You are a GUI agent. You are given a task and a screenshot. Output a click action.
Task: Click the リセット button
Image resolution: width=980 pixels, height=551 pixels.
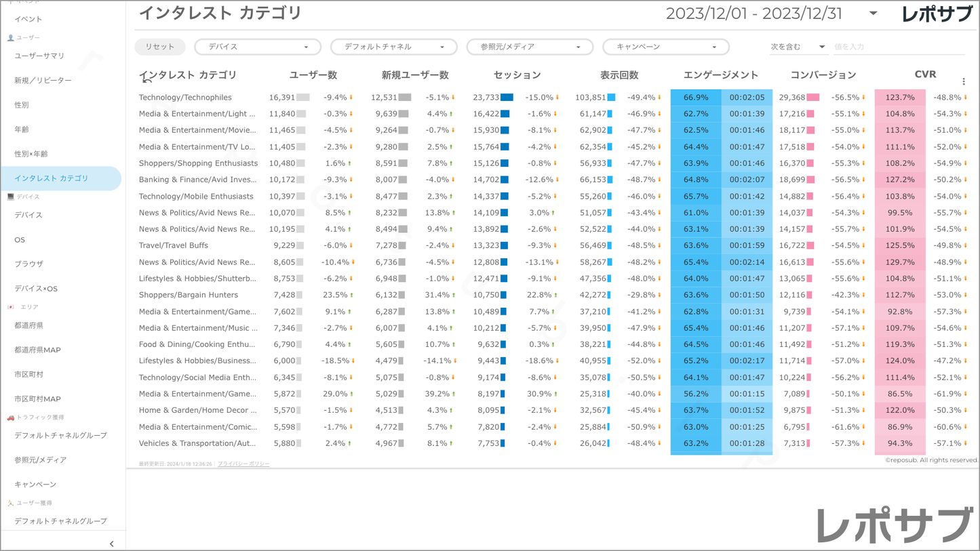point(159,47)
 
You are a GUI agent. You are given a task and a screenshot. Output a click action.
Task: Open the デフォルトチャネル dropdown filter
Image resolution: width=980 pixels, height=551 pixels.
point(393,47)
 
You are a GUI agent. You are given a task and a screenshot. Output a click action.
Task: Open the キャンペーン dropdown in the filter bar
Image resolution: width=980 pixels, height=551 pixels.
point(665,47)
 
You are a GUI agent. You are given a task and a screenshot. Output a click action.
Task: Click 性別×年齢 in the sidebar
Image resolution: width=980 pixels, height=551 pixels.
point(31,154)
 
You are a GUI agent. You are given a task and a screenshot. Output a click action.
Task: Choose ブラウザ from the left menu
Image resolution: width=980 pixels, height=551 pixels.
point(28,264)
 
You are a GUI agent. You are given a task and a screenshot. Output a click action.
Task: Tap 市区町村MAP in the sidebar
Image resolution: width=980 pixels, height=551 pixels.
point(37,399)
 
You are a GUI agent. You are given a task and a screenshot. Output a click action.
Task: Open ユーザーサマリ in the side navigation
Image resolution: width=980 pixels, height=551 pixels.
point(39,56)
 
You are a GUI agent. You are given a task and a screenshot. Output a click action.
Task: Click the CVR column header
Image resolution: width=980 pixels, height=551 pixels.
point(925,75)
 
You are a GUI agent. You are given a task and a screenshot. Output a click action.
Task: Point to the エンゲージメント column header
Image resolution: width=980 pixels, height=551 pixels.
point(721,75)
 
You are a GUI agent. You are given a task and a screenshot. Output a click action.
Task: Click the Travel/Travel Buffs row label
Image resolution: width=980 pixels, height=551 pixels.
point(174,245)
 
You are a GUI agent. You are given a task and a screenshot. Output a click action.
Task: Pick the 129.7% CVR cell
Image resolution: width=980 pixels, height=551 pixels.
point(900,262)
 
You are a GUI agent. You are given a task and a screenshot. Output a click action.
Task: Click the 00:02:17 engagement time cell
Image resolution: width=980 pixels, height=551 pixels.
point(747,361)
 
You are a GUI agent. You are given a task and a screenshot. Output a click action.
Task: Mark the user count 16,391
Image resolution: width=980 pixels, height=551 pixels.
point(282,98)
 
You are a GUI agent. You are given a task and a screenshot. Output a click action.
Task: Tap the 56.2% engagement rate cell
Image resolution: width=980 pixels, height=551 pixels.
point(696,394)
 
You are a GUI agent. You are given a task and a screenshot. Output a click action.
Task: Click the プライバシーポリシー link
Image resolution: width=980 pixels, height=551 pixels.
point(243,464)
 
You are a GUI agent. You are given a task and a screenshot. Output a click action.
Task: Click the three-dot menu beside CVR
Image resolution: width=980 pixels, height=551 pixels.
point(964,81)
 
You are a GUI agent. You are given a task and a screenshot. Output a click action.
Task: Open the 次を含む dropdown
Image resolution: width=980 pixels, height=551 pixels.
point(797,47)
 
